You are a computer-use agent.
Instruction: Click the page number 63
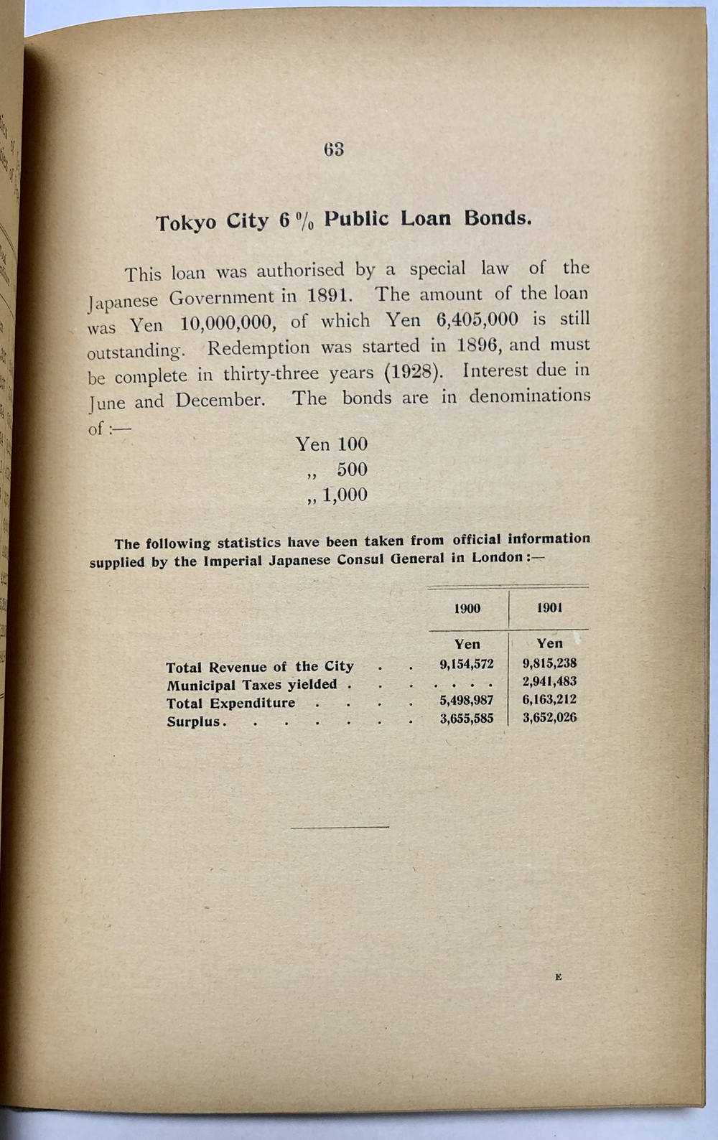pyautogui.click(x=334, y=149)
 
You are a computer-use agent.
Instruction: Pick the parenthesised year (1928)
pyautogui.click(x=408, y=373)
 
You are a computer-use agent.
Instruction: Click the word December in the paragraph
pyautogui.click(x=220, y=401)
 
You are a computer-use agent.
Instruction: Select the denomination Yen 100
pyautogui.click(x=331, y=444)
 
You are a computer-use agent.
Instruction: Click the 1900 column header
pyautogui.click(x=467, y=609)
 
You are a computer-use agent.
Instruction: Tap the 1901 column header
pyautogui.click(x=549, y=608)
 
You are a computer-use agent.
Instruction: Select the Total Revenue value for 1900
pyautogui.click(x=467, y=665)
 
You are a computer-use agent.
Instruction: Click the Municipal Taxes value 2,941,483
pyautogui.click(x=549, y=682)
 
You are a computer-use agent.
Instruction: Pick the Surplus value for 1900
pyautogui.click(x=467, y=719)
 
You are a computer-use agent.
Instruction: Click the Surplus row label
pyautogui.click(x=193, y=722)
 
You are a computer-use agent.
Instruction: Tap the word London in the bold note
pyautogui.click(x=496, y=559)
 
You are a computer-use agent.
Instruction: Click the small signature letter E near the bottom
pyautogui.click(x=558, y=977)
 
